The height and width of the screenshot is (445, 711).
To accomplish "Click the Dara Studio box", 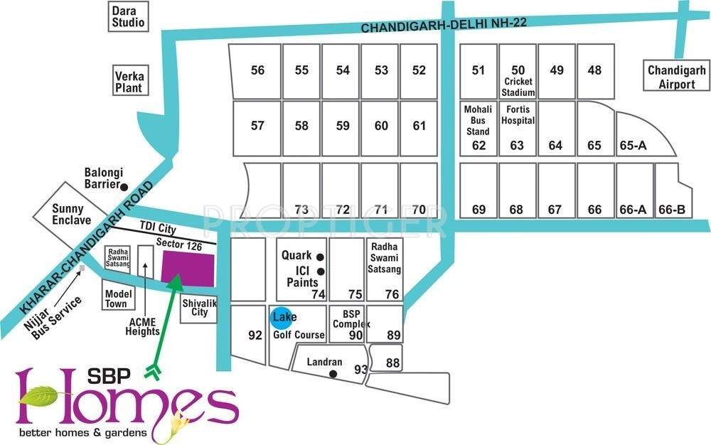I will click(128, 17).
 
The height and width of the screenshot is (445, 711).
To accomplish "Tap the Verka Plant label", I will click(129, 80).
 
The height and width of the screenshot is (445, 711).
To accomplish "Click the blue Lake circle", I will click(283, 317).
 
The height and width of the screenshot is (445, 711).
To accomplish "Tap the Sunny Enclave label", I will click(68, 215).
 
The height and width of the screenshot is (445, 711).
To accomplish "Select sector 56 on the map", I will click(257, 70).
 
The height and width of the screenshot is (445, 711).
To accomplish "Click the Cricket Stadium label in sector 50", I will click(518, 87).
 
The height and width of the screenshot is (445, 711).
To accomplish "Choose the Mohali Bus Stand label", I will click(478, 120).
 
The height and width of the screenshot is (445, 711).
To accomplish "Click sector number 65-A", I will click(633, 146).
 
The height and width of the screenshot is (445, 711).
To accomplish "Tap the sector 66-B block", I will click(672, 210).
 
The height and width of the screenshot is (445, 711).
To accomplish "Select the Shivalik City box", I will click(198, 307).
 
